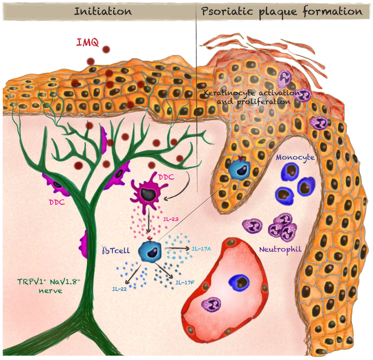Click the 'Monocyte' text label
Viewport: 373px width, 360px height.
(295, 157)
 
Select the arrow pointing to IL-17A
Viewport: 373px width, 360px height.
(177, 248)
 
